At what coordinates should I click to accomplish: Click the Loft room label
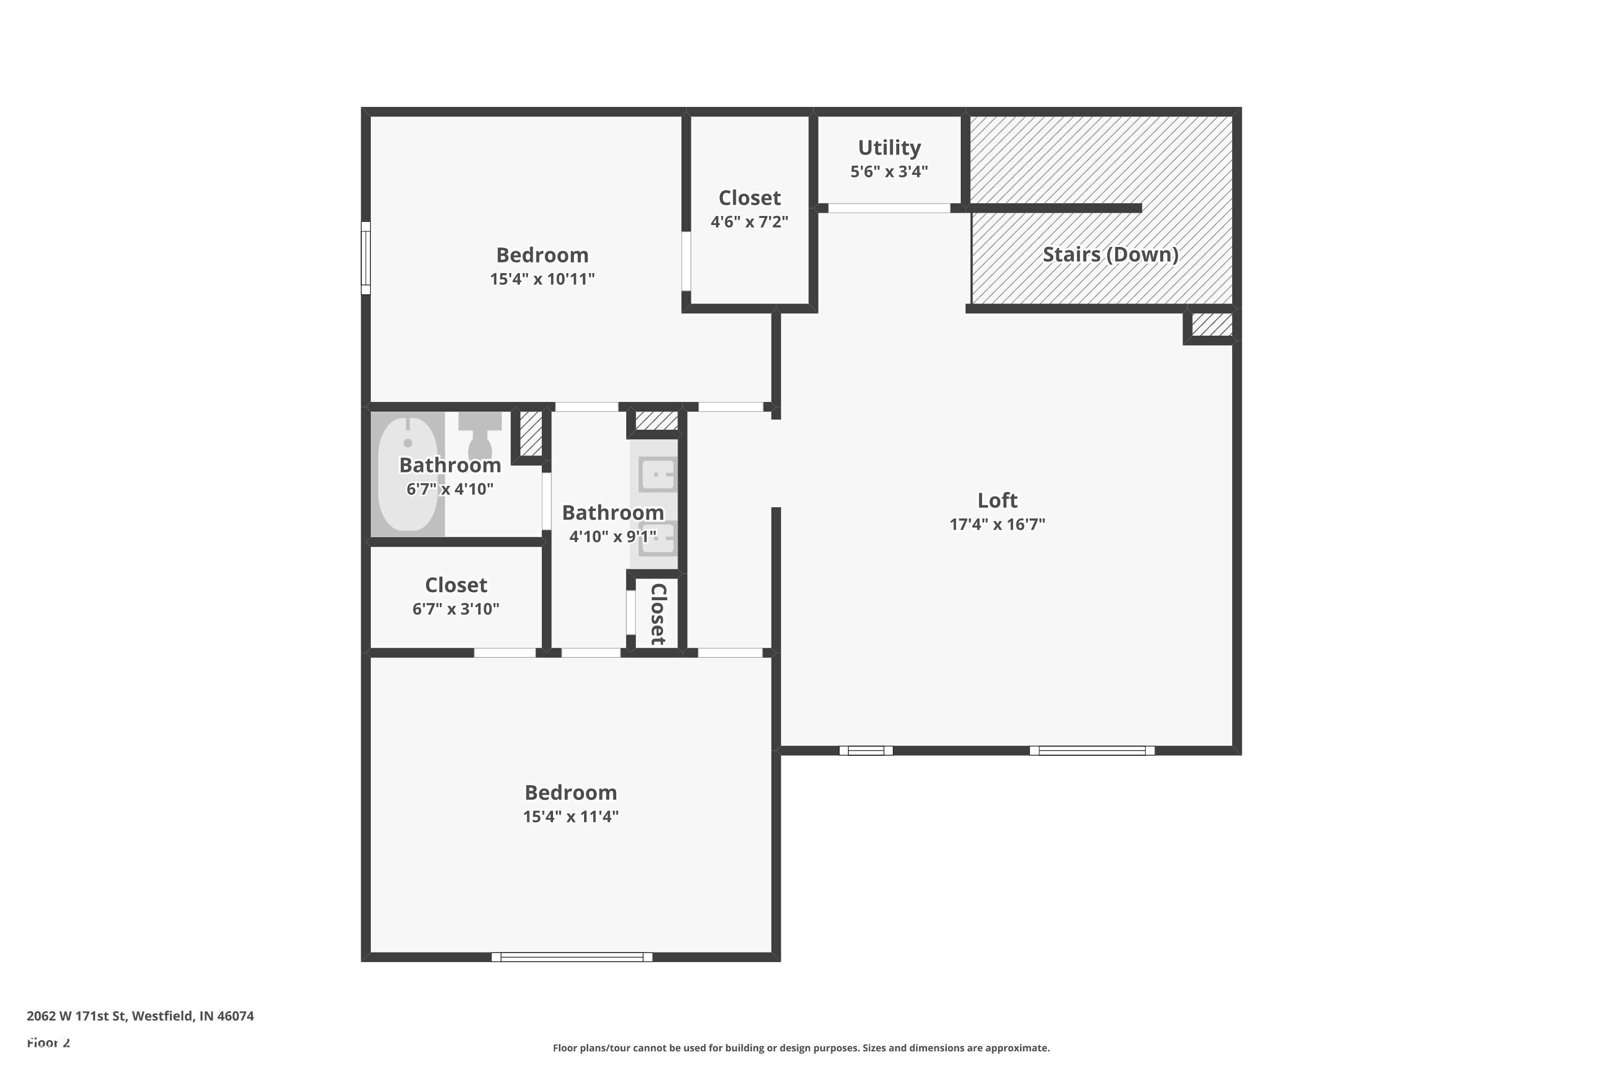click(997, 500)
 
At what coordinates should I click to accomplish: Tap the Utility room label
click(889, 148)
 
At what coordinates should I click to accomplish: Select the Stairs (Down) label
click(1110, 254)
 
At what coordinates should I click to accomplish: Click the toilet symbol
click(480, 436)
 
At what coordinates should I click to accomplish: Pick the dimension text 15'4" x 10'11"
click(542, 279)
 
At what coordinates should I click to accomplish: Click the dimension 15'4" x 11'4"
click(571, 817)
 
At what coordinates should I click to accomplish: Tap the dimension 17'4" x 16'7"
click(997, 524)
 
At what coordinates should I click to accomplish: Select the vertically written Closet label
click(658, 614)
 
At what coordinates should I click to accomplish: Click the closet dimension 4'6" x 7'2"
click(749, 222)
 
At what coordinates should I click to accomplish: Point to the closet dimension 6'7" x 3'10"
click(455, 609)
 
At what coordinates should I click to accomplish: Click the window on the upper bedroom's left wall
click(365, 258)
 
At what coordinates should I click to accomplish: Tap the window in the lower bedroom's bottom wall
click(571, 957)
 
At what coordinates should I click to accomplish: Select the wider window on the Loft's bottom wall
click(1091, 750)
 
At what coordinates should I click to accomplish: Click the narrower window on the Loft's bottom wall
click(866, 750)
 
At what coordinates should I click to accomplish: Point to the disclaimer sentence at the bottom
click(801, 1048)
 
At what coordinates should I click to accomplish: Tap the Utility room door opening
click(889, 208)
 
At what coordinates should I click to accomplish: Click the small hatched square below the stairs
click(1212, 324)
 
